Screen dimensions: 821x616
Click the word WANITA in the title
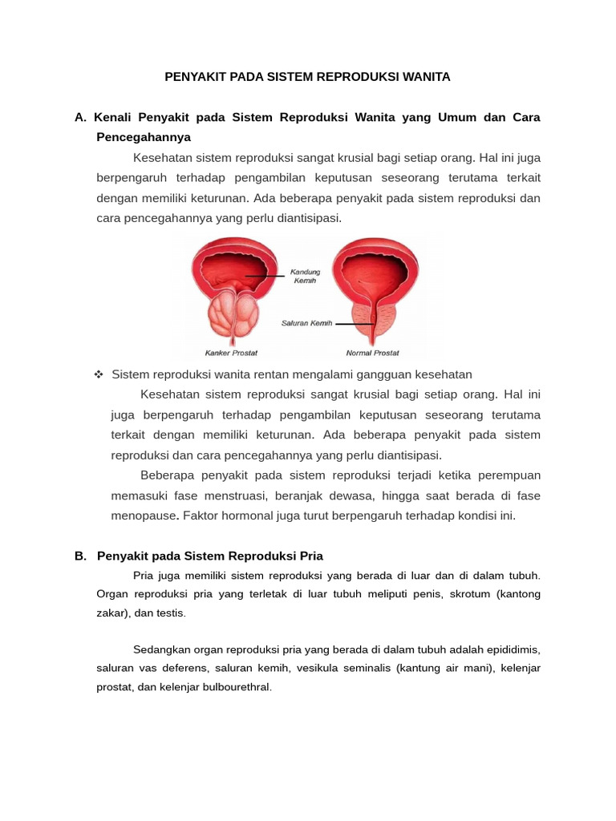tap(425, 77)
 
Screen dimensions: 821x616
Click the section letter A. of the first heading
tap(80, 117)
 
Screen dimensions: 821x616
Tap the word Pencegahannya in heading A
tap(144, 137)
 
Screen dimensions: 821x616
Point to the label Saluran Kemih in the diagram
tap(306, 323)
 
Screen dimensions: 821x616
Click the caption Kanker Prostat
tap(231, 353)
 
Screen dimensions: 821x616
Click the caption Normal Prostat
tap(372, 353)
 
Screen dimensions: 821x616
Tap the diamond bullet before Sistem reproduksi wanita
tap(99, 374)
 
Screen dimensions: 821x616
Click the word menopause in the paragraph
tap(144, 516)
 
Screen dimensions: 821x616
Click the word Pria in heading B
tap(310, 556)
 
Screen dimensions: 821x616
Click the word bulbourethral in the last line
tap(237, 687)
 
